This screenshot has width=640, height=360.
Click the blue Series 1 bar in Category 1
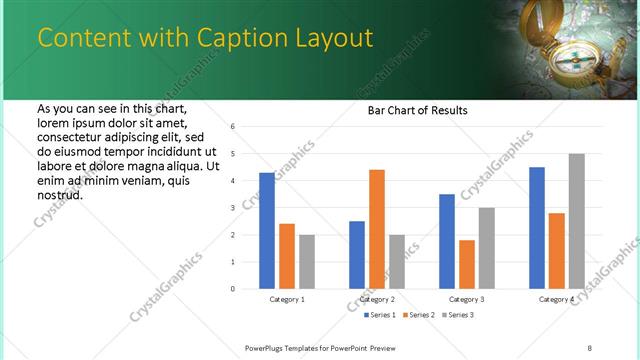pyautogui.click(x=266, y=231)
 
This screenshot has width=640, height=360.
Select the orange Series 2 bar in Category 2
pyautogui.click(x=376, y=229)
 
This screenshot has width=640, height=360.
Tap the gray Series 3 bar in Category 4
pyautogui.click(x=576, y=221)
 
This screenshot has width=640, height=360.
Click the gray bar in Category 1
pyautogui.click(x=306, y=262)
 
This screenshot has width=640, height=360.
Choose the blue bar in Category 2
pyautogui.click(x=356, y=255)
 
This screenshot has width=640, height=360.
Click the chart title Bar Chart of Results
pyautogui.click(x=418, y=110)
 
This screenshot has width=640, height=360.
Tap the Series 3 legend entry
pyautogui.click(x=456, y=315)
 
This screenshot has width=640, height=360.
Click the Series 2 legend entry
pyautogui.click(x=417, y=315)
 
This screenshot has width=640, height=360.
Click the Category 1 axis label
pyautogui.click(x=287, y=299)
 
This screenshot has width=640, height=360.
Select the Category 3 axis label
pyautogui.click(x=467, y=299)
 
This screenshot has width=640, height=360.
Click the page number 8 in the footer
pyautogui.click(x=589, y=347)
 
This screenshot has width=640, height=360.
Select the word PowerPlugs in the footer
pyautogui.click(x=265, y=347)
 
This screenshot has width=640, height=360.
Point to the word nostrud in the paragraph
pyautogui.click(x=59, y=195)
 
